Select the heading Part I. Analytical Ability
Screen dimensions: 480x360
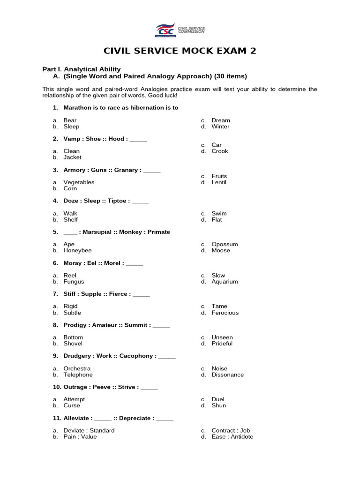(82, 69)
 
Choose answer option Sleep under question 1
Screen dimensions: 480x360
(71, 127)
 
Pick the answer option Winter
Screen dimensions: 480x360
(220, 127)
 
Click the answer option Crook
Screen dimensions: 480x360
(219, 151)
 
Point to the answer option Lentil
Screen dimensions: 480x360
(218, 182)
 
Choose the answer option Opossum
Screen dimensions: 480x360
(225, 244)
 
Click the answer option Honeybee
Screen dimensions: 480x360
(77, 251)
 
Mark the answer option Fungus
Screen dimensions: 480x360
(74, 282)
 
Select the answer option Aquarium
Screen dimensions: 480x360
(225, 282)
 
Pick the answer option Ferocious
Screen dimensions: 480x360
(225, 313)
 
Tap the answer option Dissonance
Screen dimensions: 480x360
(227, 375)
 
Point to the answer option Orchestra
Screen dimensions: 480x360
(77, 369)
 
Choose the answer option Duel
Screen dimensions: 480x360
(218, 399)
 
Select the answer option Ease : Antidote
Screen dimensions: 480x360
(232, 437)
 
